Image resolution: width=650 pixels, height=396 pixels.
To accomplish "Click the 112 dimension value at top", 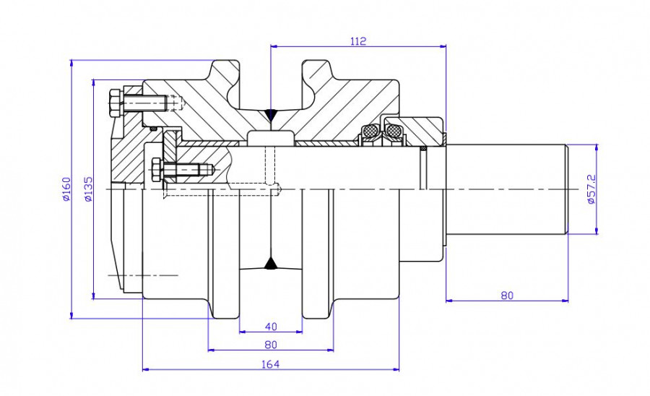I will [357, 41].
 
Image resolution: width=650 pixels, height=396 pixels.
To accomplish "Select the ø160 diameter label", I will [65, 189].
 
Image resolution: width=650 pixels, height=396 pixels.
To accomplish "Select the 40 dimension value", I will [270, 326].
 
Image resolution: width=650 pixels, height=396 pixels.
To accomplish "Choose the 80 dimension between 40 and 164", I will [270, 345].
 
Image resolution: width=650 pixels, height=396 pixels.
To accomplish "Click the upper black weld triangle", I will [270, 114].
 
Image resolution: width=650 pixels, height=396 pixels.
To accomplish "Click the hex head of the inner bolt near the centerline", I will [156, 171].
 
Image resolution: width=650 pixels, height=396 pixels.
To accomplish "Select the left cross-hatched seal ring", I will [370, 132].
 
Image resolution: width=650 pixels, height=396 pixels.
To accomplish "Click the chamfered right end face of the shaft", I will [567, 189].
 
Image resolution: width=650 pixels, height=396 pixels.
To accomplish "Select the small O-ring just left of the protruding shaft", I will [424, 150].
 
